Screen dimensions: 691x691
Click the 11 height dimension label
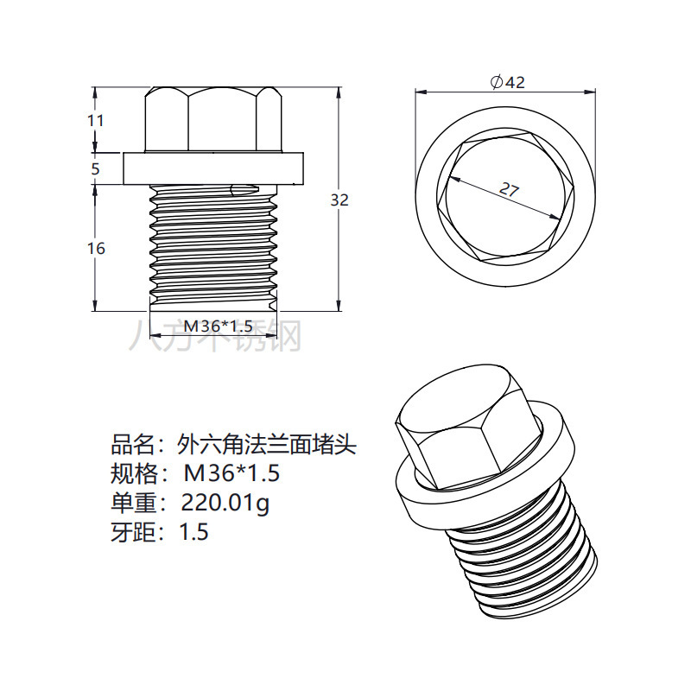point(96,121)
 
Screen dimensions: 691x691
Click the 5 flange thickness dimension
point(96,169)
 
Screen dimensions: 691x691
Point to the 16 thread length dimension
point(96,249)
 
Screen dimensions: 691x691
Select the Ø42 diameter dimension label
point(507,82)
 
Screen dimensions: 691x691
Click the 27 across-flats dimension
point(509,190)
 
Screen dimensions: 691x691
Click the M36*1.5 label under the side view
point(219,326)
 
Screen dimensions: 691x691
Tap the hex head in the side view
point(212,120)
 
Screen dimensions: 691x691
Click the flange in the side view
point(212,168)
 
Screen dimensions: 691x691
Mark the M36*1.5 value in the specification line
point(232,474)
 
